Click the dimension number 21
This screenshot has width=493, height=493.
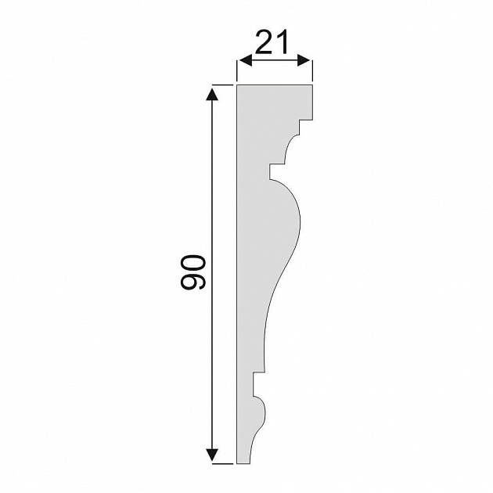272,42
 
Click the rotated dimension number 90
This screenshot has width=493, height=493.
193,272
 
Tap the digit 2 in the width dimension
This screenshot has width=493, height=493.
264,42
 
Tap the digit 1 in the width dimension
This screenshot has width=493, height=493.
282,42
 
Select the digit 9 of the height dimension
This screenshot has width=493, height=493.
193,280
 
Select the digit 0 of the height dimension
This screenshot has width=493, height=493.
193,263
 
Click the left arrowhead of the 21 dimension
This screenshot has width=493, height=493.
246,60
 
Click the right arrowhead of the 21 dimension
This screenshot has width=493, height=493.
304,60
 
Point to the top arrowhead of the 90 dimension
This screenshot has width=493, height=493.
212,94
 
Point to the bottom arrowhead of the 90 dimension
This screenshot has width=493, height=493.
212,455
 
